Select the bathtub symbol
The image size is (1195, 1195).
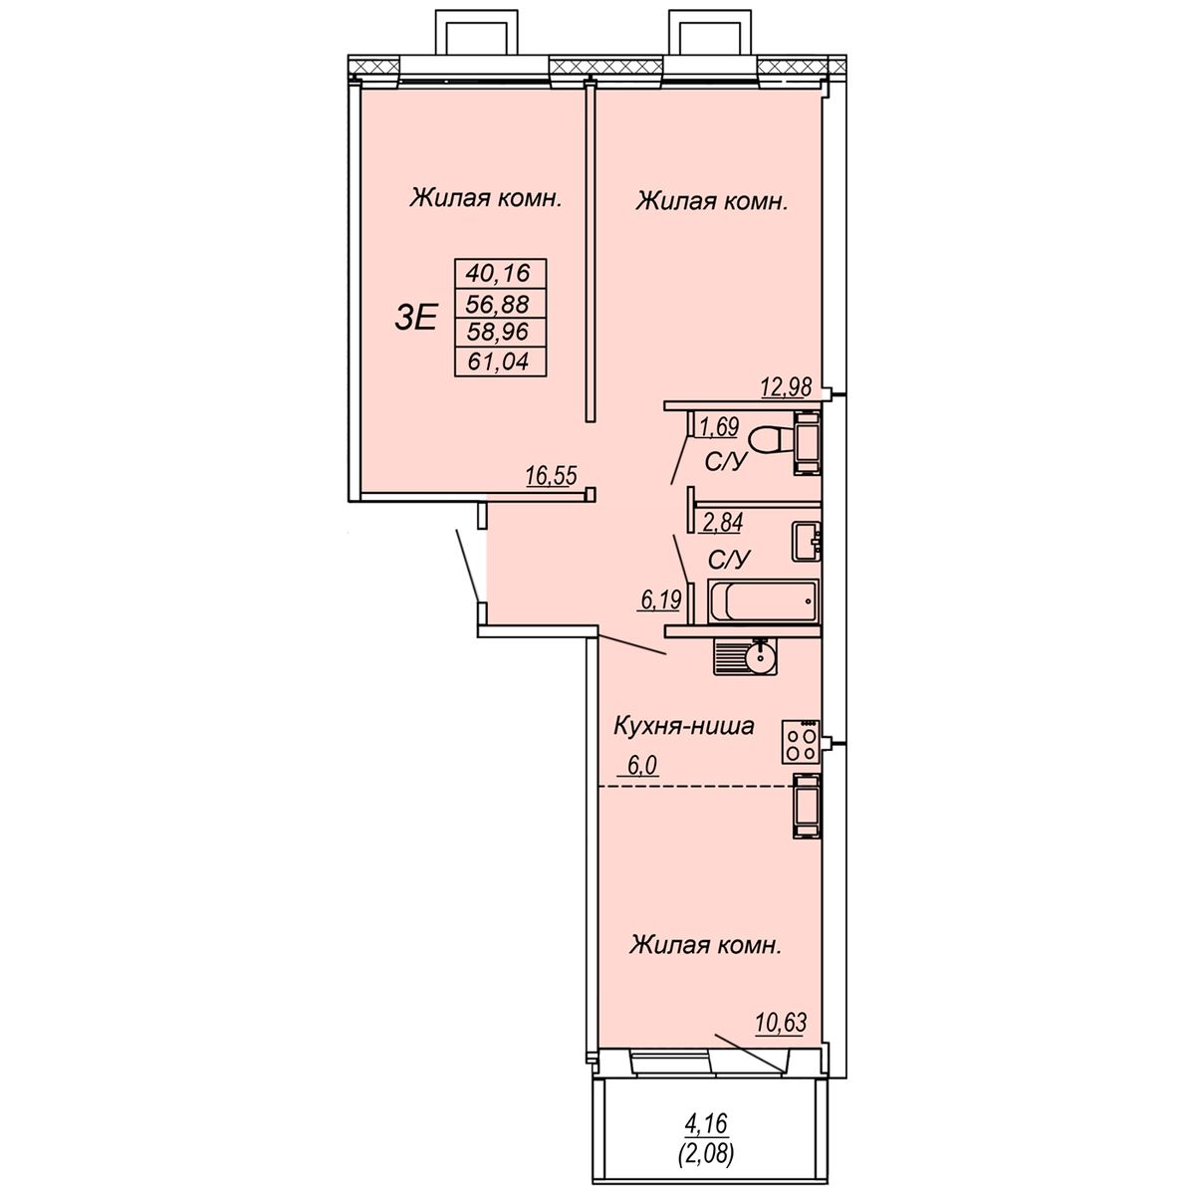pos(764,599)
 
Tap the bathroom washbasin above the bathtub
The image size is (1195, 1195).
pos(807,542)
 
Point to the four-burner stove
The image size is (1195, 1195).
pos(801,742)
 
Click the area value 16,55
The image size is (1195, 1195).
pos(552,476)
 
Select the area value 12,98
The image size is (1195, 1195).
pos(786,387)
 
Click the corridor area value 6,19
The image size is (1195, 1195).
pos(661,599)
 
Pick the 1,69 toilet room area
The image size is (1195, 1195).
pos(719,426)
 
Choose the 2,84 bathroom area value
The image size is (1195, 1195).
pos(722,522)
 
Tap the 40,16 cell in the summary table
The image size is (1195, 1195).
pos(501,273)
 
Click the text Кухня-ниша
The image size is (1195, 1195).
pos(683,726)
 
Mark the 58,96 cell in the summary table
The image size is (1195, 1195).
pos(501,333)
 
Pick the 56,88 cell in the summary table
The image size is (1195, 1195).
pos(501,304)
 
